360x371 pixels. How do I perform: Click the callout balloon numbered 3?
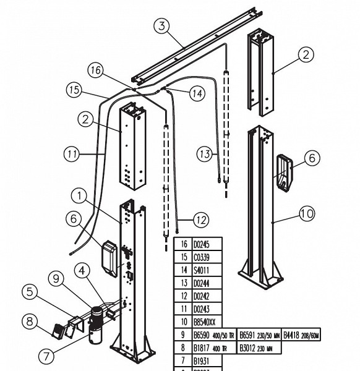pyautogui.click(x=161, y=26)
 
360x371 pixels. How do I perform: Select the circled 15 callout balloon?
pyautogui.click(x=75, y=90)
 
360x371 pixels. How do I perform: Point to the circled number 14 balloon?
pyautogui.click(x=197, y=93)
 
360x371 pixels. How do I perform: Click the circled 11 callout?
pyautogui.click(x=72, y=153)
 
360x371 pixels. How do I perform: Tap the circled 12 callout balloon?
pyautogui.click(x=200, y=219)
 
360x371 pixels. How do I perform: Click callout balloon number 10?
pyautogui.click(x=307, y=215)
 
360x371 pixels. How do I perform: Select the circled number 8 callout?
pyautogui.click(x=29, y=321)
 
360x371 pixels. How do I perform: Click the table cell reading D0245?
pyautogui.click(x=203, y=244)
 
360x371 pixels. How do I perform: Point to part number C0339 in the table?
pyautogui.click(x=203, y=257)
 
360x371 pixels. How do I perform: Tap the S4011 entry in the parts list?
pyautogui.click(x=202, y=270)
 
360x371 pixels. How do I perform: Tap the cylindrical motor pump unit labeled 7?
pyautogui.click(x=96, y=325)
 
